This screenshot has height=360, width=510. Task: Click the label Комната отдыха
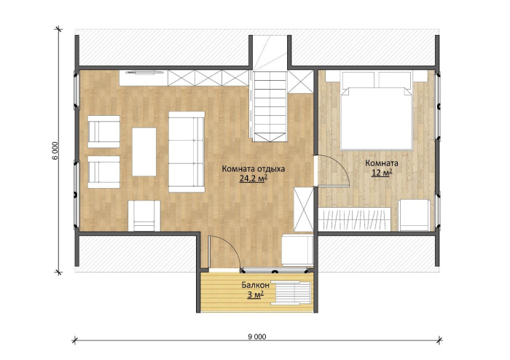pyautogui.click(x=254, y=169)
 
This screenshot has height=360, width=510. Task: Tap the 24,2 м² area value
pyautogui.click(x=254, y=179)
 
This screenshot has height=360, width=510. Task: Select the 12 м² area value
pyautogui.click(x=382, y=173)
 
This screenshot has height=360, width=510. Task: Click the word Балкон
pyautogui.click(x=255, y=285)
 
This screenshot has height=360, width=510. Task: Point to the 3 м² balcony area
pyautogui.click(x=255, y=295)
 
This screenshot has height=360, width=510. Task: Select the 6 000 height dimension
pyautogui.click(x=55, y=151)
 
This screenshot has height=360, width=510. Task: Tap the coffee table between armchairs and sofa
pyautogui.click(x=144, y=152)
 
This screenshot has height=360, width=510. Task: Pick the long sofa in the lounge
pyautogui.click(x=187, y=152)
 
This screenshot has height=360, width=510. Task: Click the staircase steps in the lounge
pyautogui.click(x=270, y=106)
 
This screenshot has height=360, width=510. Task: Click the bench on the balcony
pyautogui.click(x=291, y=293)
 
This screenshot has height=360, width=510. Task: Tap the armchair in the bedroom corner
pyautogui.click(x=415, y=215)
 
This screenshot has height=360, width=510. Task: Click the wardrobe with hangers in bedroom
pyautogui.click(x=354, y=219)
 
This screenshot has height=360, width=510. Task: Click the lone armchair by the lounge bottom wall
pyautogui.click(x=144, y=216)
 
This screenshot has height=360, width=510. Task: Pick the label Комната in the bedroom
pyautogui.click(x=382, y=163)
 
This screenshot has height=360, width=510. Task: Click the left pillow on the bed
pyautogui.click(x=358, y=79)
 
